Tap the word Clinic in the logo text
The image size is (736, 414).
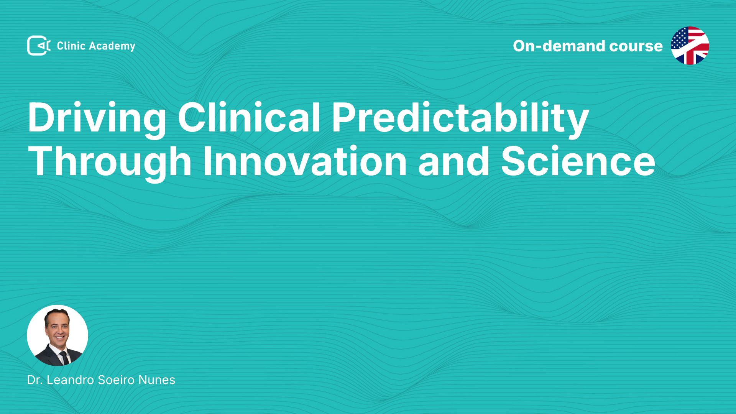(71, 46)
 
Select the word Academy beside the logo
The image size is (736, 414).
(112, 46)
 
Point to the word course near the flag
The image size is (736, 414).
(636, 46)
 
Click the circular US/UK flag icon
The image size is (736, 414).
(690, 46)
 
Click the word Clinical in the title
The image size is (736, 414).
(249, 117)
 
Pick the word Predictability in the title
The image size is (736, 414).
(460, 118)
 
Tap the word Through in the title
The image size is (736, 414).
(110, 162)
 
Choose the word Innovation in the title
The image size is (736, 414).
(305, 161)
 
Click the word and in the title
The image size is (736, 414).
(454, 161)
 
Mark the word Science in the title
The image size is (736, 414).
(578, 161)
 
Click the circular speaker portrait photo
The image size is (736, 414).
(58, 335)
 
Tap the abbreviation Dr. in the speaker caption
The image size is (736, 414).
(34, 380)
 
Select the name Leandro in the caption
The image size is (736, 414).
(71, 380)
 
